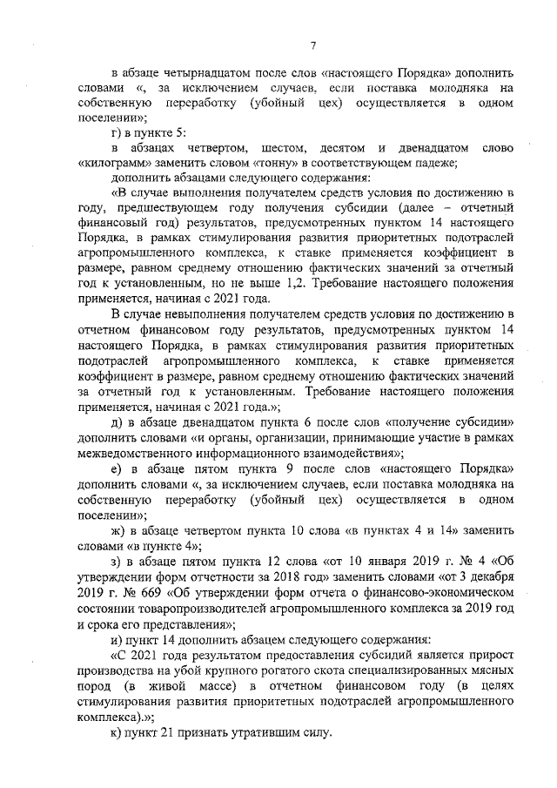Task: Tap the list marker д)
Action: [x=117, y=414]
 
